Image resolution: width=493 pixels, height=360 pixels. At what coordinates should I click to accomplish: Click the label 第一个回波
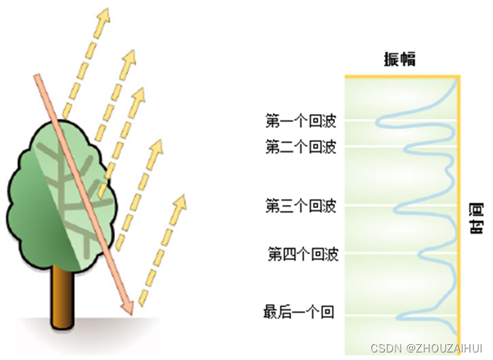pyautogui.click(x=300, y=121)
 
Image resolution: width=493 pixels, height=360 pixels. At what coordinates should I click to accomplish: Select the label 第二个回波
pyautogui.click(x=300, y=147)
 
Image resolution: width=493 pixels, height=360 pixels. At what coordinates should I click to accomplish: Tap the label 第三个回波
pyautogui.click(x=300, y=206)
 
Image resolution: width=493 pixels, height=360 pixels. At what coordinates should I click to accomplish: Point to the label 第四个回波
pyautogui.click(x=303, y=253)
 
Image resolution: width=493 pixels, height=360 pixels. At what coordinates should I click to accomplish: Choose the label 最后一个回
pyautogui.click(x=298, y=312)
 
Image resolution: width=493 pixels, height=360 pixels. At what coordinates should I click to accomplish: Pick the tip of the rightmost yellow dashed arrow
pyautogui.click(x=181, y=198)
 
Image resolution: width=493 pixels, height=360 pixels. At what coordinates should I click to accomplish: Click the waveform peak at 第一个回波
pyautogui.click(x=377, y=119)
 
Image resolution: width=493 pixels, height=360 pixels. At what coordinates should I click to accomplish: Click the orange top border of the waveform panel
pyautogui.click(x=402, y=76)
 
